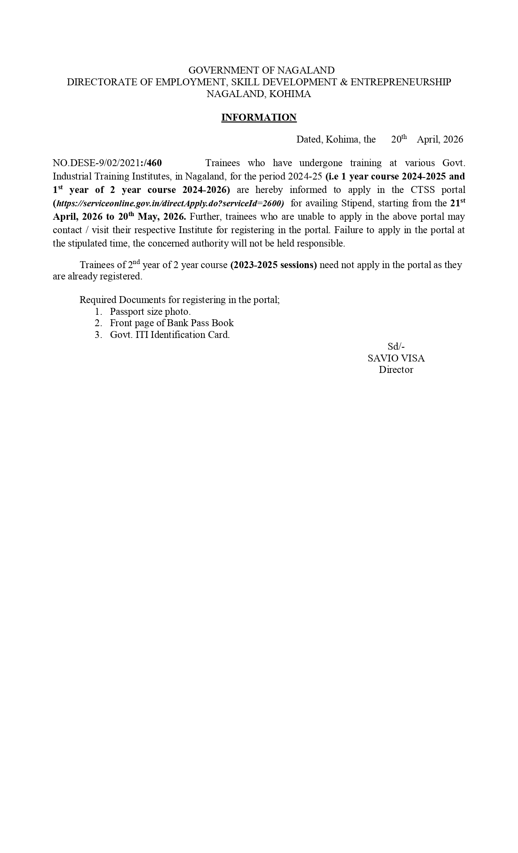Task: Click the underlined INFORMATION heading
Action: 259,117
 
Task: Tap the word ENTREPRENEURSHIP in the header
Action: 400,82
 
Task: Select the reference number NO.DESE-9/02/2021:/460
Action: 107,163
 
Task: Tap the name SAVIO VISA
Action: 396,358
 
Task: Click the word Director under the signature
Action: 396,370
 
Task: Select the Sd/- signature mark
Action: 396,346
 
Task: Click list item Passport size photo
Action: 150,312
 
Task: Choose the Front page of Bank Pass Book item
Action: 171,323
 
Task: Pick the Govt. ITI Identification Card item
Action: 169,335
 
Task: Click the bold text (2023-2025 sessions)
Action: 273,265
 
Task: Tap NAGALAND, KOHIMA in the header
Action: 259,94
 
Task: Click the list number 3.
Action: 98,335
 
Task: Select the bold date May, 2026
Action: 161,216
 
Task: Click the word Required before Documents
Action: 98,300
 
